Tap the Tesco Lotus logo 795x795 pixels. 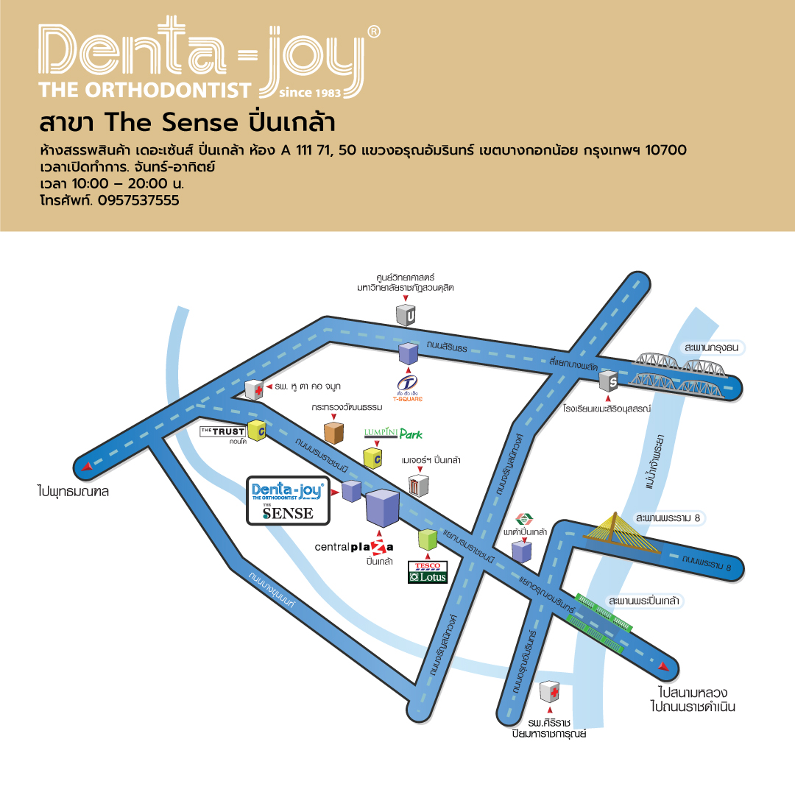click(428, 572)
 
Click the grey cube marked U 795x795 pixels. click(406, 316)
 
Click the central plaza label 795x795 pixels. click(354, 547)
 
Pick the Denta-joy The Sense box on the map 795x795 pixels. click(287, 500)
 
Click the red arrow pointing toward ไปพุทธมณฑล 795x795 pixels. click(88, 466)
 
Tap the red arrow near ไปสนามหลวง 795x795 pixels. click(665, 667)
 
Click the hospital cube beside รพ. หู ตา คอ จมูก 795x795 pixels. click(254, 390)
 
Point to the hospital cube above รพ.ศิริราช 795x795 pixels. click(549, 692)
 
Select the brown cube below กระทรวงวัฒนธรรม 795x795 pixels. click(333, 432)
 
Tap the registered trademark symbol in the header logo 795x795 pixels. click(373, 32)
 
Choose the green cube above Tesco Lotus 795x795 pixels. click(428, 540)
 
